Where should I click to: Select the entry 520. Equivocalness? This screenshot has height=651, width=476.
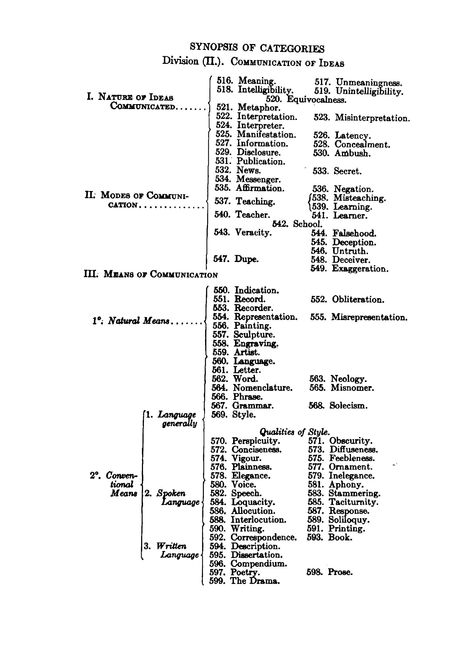tap(306, 99)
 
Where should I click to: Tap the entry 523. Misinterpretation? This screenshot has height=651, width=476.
tap(362, 118)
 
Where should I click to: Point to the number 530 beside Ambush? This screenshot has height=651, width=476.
tap(321, 153)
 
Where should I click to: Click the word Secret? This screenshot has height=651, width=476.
tap(347, 171)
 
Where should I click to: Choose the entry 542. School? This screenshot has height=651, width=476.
tap(297, 224)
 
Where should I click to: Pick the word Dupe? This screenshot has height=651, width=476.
tap(246, 259)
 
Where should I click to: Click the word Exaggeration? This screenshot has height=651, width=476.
tap(360, 269)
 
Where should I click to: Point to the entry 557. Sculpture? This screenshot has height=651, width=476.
tap(244, 335)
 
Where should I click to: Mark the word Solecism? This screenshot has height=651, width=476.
tap(348, 406)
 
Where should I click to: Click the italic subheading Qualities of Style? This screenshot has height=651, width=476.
tap(294, 432)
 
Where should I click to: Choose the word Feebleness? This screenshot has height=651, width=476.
tap(352, 458)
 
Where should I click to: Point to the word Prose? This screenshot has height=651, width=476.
tap(340, 572)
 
